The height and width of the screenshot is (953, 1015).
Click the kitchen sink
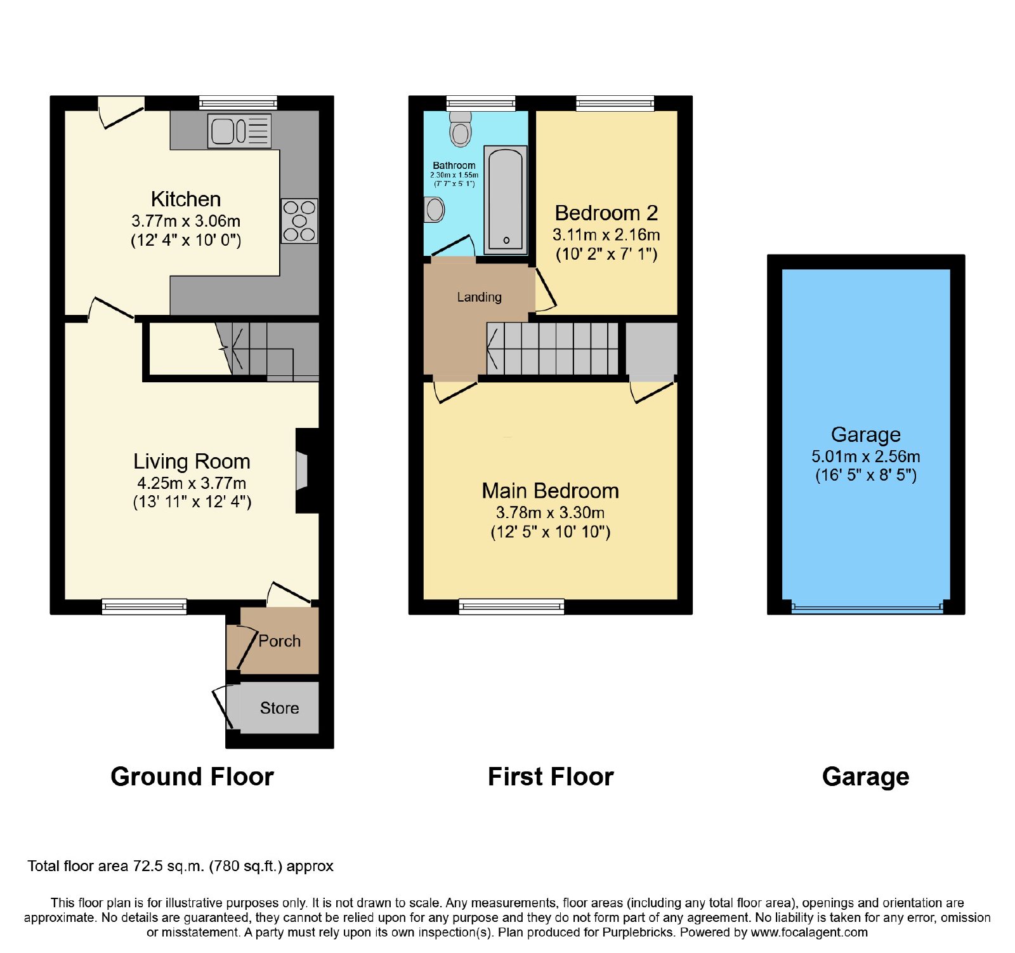(x=239, y=131)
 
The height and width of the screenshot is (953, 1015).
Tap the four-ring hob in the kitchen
(x=299, y=221)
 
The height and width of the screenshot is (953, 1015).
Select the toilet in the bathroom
(x=461, y=129)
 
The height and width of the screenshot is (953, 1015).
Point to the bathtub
(x=506, y=200)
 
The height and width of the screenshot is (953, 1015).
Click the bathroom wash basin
(x=435, y=209)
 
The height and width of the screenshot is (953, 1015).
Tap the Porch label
(x=280, y=641)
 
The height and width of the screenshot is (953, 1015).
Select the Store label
(x=279, y=708)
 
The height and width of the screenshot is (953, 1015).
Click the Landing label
(x=479, y=297)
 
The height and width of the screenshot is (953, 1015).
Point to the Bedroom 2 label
(x=606, y=213)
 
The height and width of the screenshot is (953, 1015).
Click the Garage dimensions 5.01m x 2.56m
(x=866, y=457)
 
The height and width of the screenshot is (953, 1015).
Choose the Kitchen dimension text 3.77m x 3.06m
(x=186, y=221)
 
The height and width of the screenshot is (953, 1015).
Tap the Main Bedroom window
(x=511, y=606)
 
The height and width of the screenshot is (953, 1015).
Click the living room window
(x=145, y=606)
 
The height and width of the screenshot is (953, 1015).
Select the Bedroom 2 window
(x=615, y=103)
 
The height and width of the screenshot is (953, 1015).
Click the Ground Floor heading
(x=192, y=776)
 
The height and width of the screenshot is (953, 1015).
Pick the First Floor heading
(x=551, y=776)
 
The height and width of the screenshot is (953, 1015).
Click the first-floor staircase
(x=552, y=349)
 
